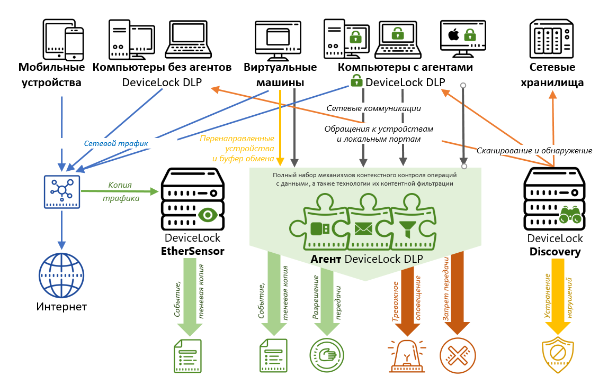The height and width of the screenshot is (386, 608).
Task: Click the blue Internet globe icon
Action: pyautogui.click(x=61, y=276)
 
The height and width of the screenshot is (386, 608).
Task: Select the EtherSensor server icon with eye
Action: pyautogui.click(x=192, y=199)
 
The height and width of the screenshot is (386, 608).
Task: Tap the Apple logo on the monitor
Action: pyautogui.click(x=453, y=36)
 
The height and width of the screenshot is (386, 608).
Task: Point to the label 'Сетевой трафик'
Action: pyautogui.click(x=115, y=143)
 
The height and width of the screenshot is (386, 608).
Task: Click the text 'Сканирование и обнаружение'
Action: pyautogui.click(x=534, y=151)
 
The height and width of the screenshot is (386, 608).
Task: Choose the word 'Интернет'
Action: pyautogui.click(x=61, y=307)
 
